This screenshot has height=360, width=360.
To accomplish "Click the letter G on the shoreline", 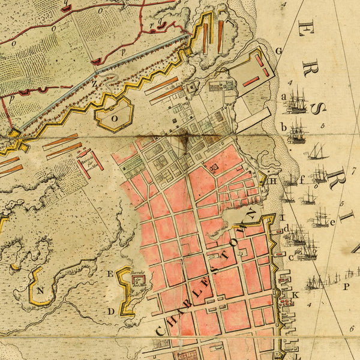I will (278, 50).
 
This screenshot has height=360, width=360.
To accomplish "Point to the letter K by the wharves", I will (295, 295).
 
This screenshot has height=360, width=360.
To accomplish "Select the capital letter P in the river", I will (346, 287).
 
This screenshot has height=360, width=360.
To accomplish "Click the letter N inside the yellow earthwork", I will (41, 290).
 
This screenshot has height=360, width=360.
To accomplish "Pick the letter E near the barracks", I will (110, 274).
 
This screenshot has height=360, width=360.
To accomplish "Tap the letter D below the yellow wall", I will (111, 311).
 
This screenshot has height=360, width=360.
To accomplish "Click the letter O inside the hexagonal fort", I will (114, 118).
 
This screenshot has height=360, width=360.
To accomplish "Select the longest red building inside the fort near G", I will (250, 80).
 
